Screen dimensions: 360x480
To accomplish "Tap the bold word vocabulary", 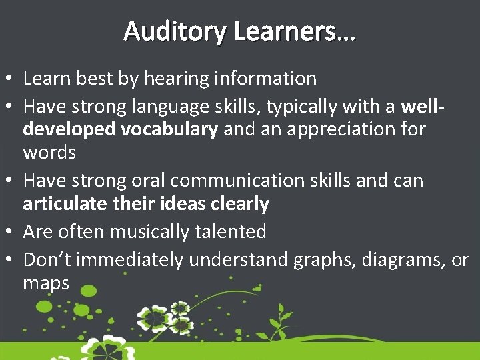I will point(169,129).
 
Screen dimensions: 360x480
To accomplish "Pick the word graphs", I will point(315,260).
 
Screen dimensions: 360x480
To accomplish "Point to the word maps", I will point(46,284).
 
